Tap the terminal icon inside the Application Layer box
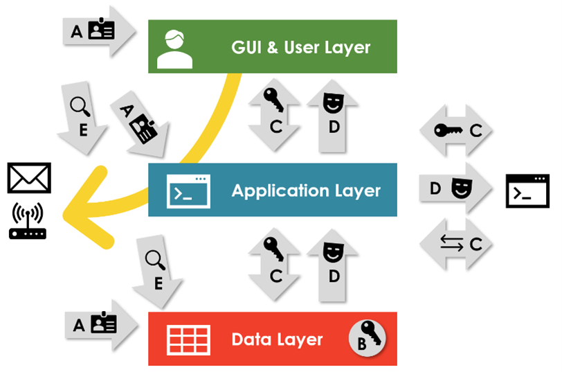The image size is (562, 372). (x=188, y=191)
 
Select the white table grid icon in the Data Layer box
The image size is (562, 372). (x=188, y=339)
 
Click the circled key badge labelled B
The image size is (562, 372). (x=366, y=337)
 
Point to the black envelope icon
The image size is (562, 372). (x=29, y=178)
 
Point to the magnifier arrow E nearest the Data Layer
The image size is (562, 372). (x=157, y=270)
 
